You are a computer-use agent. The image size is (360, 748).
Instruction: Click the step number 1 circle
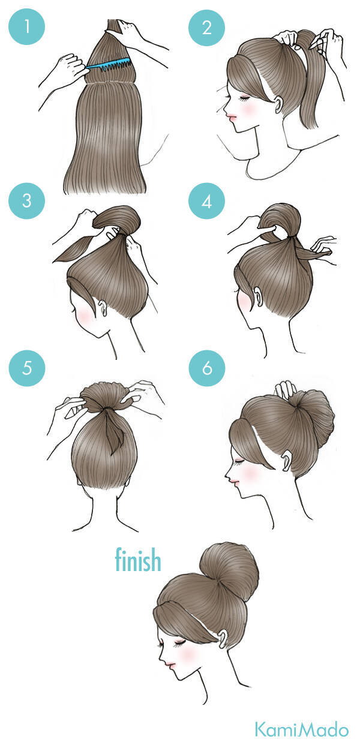[x=27, y=27]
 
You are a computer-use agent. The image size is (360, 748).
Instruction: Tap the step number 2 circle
[x=207, y=28]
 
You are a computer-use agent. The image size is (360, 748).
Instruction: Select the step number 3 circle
[x=27, y=201]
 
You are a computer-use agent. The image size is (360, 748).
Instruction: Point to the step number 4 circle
[x=207, y=201]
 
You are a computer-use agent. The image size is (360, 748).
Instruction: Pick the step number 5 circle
[x=27, y=368]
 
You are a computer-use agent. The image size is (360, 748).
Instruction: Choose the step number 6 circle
[x=207, y=368]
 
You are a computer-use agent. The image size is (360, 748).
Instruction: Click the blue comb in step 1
[x=108, y=64]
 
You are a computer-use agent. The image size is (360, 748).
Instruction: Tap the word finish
[x=138, y=559]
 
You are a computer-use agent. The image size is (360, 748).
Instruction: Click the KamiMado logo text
[x=302, y=729]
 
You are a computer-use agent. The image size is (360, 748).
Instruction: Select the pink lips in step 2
[x=231, y=116]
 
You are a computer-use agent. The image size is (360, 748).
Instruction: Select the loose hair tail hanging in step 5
[x=113, y=432]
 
